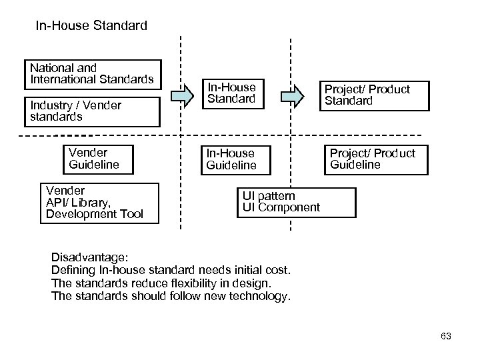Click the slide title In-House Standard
pos(91,27)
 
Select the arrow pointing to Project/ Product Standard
pos(290,97)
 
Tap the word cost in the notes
pos(277,271)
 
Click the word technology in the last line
pos(260,296)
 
